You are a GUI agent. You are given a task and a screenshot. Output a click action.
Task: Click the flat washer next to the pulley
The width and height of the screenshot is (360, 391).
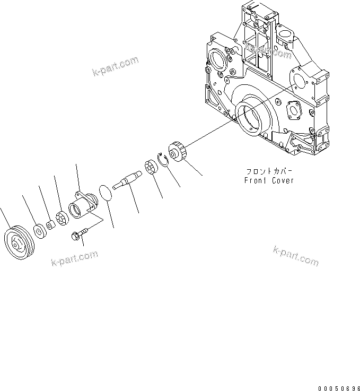(39, 231)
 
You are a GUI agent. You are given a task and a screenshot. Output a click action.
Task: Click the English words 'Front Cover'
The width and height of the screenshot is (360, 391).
(269, 180)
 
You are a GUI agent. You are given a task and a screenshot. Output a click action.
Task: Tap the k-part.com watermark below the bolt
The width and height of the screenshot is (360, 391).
(75, 258)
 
